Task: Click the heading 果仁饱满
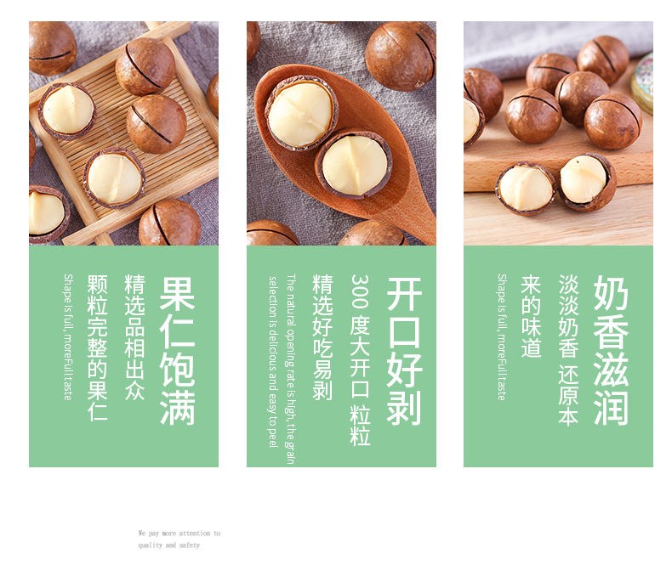[x=177, y=351]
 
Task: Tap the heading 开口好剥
[x=404, y=351]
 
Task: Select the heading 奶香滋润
[x=611, y=351]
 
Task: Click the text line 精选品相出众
[x=134, y=337]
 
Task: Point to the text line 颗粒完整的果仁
[x=97, y=348]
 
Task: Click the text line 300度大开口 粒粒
[x=360, y=360]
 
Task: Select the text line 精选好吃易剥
[x=322, y=337]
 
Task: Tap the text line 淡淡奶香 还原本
[x=568, y=351]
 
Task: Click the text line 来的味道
[x=531, y=316]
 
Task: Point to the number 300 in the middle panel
[x=360, y=291]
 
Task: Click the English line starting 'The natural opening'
[x=291, y=369]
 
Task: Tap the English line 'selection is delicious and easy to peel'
[x=273, y=362]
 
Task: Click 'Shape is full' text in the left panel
[x=68, y=337]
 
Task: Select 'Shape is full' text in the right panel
[x=502, y=337]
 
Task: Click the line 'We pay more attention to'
[x=179, y=534]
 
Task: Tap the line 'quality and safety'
[x=169, y=545]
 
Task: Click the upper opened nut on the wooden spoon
[x=302, y=112]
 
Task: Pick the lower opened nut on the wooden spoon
[x=354, y=165]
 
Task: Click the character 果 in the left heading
[x=177, y=294]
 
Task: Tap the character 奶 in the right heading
[x=611, y=293]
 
